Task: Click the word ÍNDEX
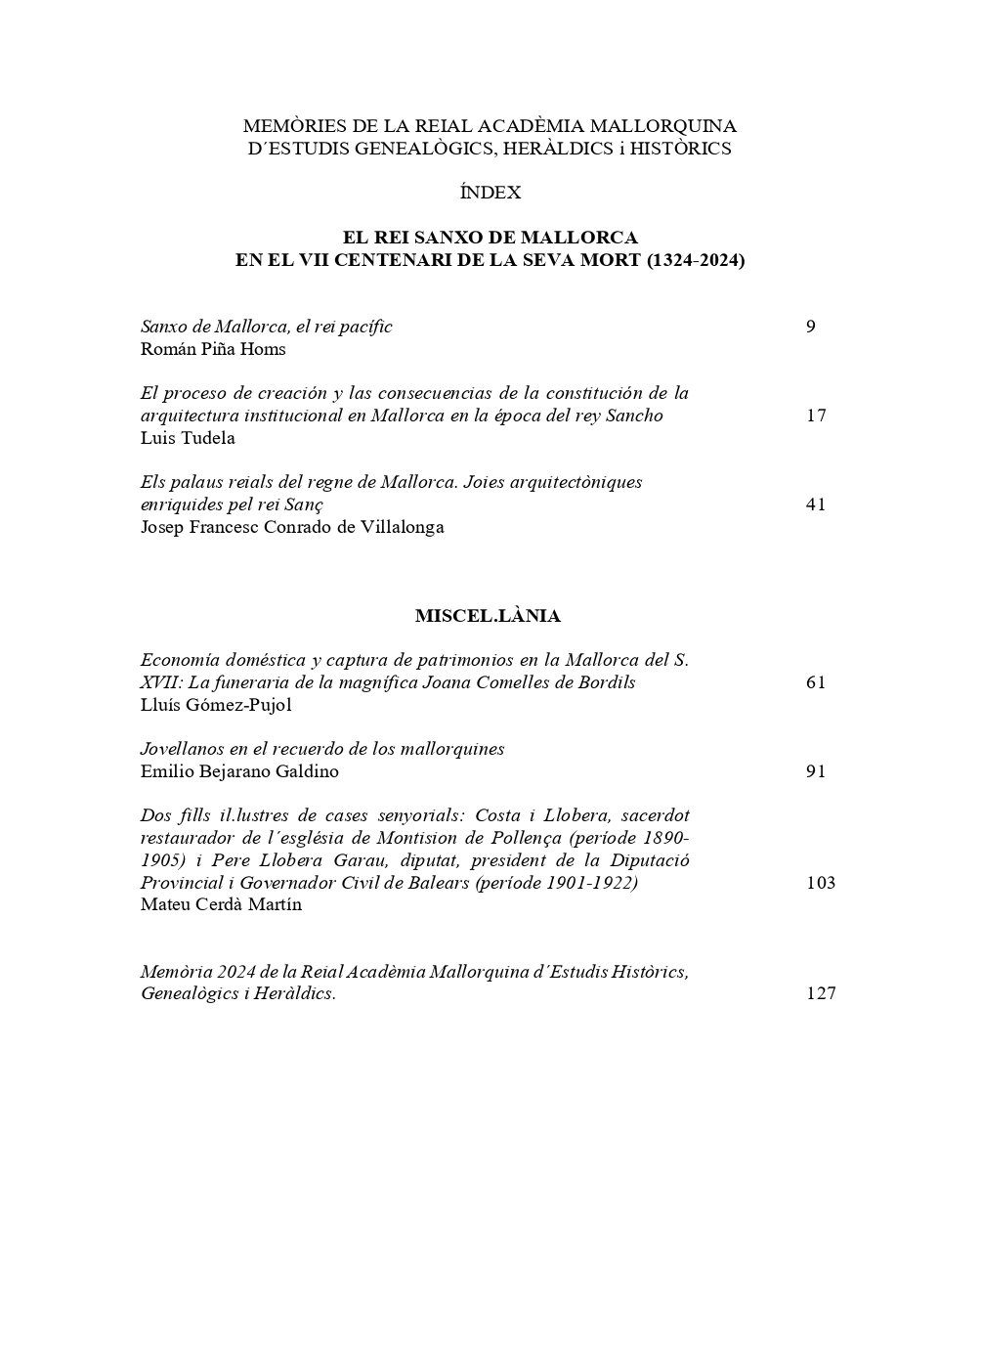pyautogui.click(x=490, y=193)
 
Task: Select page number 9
pyautogui.click(x=811, y=327)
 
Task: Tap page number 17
pyautogui.click(x=816, y=416)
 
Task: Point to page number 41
pyautogui.click(x=816, y=504)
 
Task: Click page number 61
pyautogui.click(x=816, y=682)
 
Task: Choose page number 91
pyautogui.click(x=816, y=771)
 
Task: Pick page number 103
pyautogui.click(x=821, y=883)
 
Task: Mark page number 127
pyautogui.click(x=821, y=993)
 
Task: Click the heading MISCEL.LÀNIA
pyautogui.click(x=488, y=616)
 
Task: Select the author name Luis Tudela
pyautogui.click(x=188, y=438)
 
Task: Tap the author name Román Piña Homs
pyautogui.click(x=213, y=349)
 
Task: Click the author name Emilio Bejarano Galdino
pyautogui.click(x=239, y=771)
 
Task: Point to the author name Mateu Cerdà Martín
pyautogui.click(x=221, y=904)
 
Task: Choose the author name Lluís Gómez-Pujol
pyautogui.click(x=216, y=705)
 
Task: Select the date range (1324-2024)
pyautogui.click(x=696, y=261)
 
